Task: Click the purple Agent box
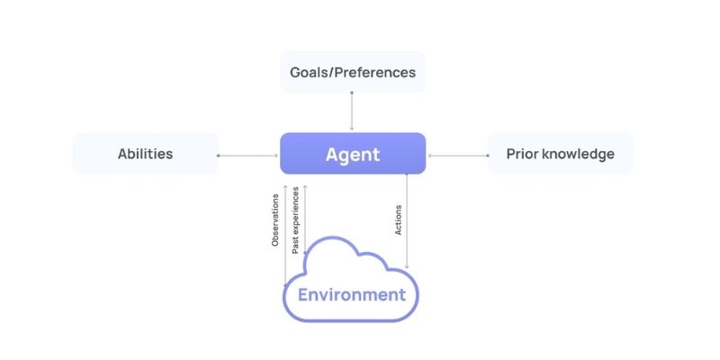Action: pyautogui.click(x=352, y=153)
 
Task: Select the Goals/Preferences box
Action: pyautogui.click(x=352, y=72)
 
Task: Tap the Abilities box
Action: pyautogui.click(x=145, y=153)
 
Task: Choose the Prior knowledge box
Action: pyautogui.click(x=560, y=153)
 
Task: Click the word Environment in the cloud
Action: pyautogui.click(x=352, y=294)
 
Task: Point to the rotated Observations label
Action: pyautogui.click(x=275, y=220)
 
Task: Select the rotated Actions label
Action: pyautogui.click(x=399, y=220)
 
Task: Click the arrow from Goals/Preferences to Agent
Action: pyautogui.click(x=352, y=112)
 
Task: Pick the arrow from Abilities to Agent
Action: pyautogui.click(x=248, y=155)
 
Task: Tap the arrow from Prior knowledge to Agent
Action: pyautogui.click(x=457, y=155)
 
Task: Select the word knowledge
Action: pyautogui.click(x=580, y=153)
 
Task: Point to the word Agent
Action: pyautogui.click(x=352, y=154)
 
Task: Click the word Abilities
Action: pyautogui.click(x=145, y=153)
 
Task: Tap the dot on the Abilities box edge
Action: pyautogui.click(x=219, y=155)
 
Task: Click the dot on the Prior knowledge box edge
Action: pyautogui.click(x=488, y=155)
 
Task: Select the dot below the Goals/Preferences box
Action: pyautogui.click(x=352, y=93)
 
